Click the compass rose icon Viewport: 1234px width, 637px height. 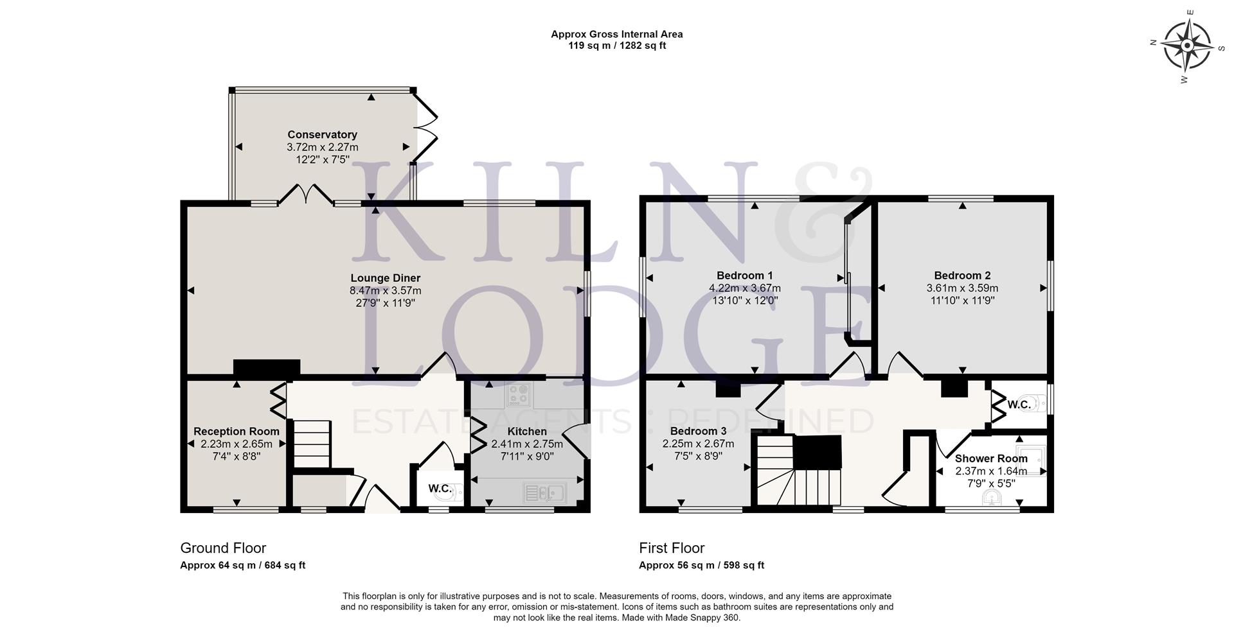coord(1186,46)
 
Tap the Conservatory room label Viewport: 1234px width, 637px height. coord(322,135)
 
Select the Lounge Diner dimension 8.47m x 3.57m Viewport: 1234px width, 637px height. coord(385,290)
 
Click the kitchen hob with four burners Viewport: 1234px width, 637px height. coord(517,395)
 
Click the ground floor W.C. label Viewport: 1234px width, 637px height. coord(440,489)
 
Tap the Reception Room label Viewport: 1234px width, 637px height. coord(237,432)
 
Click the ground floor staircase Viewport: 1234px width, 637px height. coord(312,444)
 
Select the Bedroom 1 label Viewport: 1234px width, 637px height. coord(744,275)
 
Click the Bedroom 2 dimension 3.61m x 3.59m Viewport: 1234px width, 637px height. coord(962,288)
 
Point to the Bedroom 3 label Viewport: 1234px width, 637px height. coord(698,431)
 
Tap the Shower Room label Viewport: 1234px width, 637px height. coord(990,458)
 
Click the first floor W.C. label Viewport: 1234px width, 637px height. coord(1019,405)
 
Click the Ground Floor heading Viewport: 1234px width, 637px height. coord(223,548)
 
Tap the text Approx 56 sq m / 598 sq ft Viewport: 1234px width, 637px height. coord(701,566)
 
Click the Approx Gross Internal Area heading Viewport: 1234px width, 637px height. coord(616,34)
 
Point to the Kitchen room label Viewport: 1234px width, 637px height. coord(527,432)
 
